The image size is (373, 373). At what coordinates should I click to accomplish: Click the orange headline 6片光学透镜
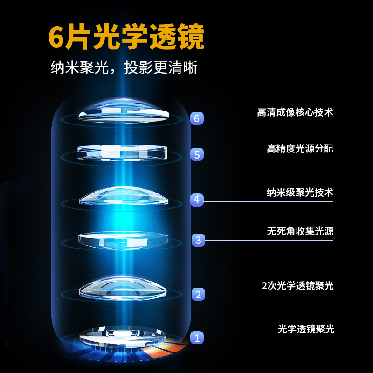[x=126, y=38]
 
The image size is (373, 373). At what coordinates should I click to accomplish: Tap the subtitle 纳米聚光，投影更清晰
[x=124, y=68]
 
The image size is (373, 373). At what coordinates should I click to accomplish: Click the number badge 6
[x=197, y=118]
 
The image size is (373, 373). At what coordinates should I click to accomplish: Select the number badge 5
[x=197, y=154]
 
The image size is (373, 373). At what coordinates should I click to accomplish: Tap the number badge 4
[x=197, y=200]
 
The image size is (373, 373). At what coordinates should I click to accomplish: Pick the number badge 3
[x=198, y=240]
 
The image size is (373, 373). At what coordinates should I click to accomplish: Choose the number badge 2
[x=198, y=294]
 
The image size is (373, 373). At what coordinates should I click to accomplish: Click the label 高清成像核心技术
[x=295, y=112]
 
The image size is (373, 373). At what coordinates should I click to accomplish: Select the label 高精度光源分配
[x=300, y=149]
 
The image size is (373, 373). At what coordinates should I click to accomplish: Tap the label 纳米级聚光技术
[x=300, y=192]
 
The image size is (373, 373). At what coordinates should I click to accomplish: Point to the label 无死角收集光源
[x=300, y=231]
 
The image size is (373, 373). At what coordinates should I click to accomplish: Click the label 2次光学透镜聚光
[x=297, y=286]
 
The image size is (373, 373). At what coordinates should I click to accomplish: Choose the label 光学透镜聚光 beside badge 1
[x=306, y=329]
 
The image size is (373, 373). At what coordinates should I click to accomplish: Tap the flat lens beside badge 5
[x=123, y=152]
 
